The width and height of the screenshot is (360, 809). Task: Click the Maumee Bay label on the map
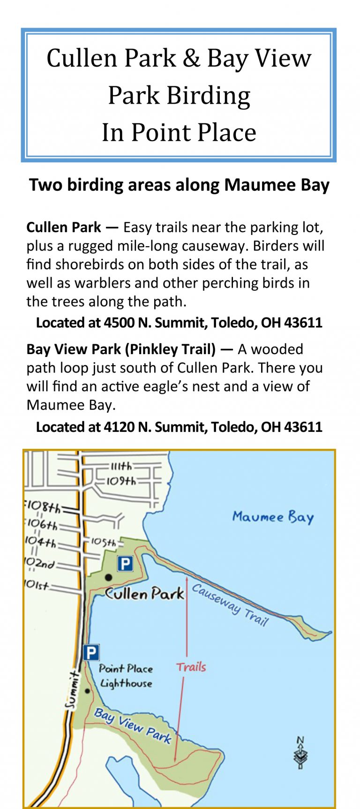pyautogui.click(x=273, y=517)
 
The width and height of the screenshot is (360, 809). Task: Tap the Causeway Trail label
pyautogui.click(x=230, y=605)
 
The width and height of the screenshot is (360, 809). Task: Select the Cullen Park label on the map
pyautogui.click(x=144, y=594)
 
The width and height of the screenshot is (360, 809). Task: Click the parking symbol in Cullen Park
pyautogui.click(x=125, y=563)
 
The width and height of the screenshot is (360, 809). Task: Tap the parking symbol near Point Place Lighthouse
pyautogui.click(x=91, y=652)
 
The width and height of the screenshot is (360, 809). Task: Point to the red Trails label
pyautogui.click(x=191, y=666)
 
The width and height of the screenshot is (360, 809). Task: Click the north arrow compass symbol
pyautogui.click(x=300, y=753)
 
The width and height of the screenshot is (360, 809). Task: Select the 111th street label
pyautogui.click(x=121, y=466)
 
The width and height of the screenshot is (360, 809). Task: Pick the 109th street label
pyautogui.click(x=120, y=481)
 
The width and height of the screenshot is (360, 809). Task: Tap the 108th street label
pyautogui.click(x=43, y=507)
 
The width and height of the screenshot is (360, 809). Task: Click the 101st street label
pyautogui.click(x=36, y=585)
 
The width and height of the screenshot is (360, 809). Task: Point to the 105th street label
pyautogui.click(x=103, y=542)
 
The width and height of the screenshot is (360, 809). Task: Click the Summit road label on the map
pyautogui.click(x=71, y=689)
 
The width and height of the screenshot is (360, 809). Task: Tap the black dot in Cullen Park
pyautogui.click(x=108, y=577)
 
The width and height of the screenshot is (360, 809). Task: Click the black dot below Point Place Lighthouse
pyautogui.click(x=87, y=691)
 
